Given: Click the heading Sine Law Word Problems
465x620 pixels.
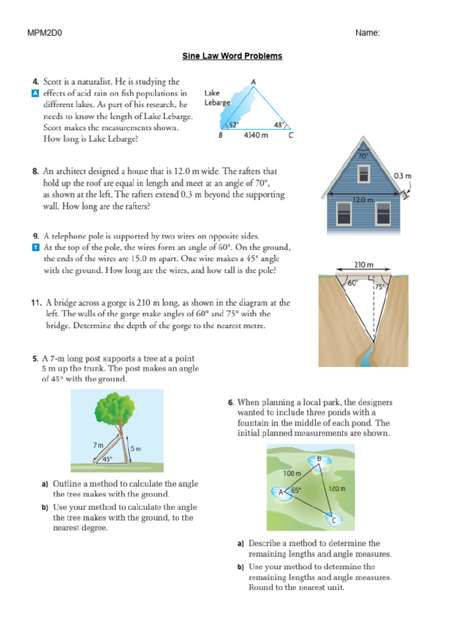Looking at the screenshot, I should pyautogui.click(x=232, y=56).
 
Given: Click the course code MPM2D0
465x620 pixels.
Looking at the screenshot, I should pyautogui.click(x=45, y=33).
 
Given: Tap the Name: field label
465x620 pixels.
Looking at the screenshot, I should pyautogui.click(x=368, y=33).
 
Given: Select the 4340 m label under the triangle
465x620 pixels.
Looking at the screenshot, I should pyautogui.click(x=256, y=136).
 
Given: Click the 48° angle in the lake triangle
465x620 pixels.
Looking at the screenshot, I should pyautogui.click(x=278, y=124).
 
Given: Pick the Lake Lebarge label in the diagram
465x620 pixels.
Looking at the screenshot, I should pyautogui.click(x=217, y=98).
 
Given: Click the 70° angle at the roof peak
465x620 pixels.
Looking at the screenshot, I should pyautogui.click(x=363, y=156).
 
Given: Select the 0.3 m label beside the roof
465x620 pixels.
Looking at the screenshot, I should pyautogui.click(x=403, y=176).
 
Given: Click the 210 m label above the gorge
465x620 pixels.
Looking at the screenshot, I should pyautogui.click(x=363, y=265).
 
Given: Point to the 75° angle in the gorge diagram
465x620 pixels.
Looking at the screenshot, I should pyautogui.click(x=380, y=288).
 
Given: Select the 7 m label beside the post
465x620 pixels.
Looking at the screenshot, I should pyautogui.click(x=98, y=445).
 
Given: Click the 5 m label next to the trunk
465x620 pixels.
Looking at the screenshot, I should pyautogui.click(x=134, y=449).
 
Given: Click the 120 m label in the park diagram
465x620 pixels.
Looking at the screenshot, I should pyautogui.click(x=336, y=488).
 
